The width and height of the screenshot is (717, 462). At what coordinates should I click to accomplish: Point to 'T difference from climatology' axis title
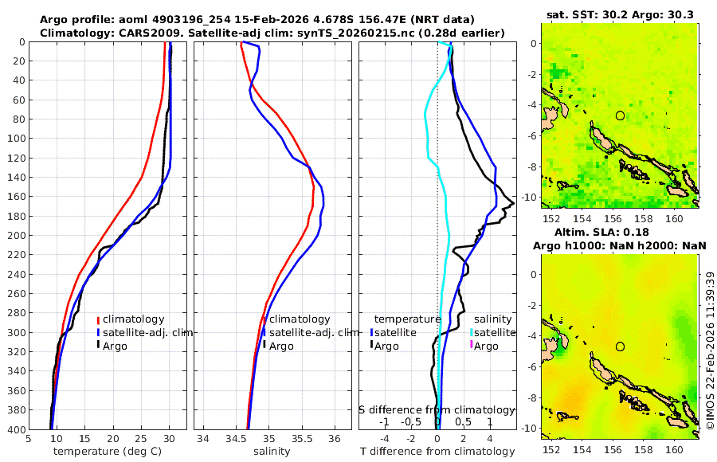437,452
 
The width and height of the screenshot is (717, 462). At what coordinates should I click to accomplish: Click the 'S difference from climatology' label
437,409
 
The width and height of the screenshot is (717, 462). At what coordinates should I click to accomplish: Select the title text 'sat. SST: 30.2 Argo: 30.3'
621,14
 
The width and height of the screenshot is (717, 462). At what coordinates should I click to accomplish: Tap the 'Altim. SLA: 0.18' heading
620,231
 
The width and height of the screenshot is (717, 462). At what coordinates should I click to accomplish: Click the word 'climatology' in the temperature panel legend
133,319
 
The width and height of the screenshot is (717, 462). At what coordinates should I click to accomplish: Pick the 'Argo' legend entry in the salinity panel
281,346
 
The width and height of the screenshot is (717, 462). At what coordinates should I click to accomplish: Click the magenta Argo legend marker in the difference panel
472,345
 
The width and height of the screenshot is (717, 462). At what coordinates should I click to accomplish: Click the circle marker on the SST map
620,115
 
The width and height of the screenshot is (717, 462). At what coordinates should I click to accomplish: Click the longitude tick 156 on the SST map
613,218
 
